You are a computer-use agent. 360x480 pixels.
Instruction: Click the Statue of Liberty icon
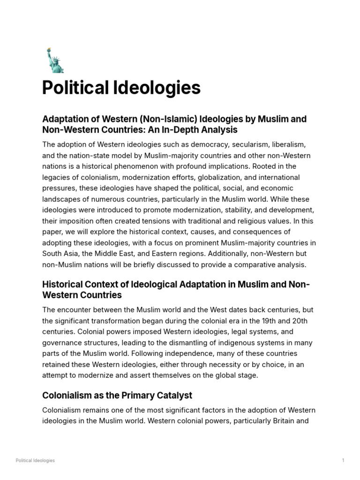pyautogui.click(x=54, y=60)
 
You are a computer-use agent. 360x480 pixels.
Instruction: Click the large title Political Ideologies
pyautogui.click(x=121, y=88)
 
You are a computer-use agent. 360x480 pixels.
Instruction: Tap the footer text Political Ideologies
pyautogui.click(x=35, y=460)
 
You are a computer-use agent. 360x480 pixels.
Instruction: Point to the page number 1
pyautogui.click(x=343, y=460)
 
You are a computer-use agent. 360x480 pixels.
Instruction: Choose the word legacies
pyautogui.click(x=56, y=178)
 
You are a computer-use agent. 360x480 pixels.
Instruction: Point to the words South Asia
pyautogui.click(x=60, y=254)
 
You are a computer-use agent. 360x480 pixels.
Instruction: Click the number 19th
pyautogui.click(x=281, y=321)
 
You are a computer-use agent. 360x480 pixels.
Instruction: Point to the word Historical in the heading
pyautogui.click(x=64, y=285)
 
